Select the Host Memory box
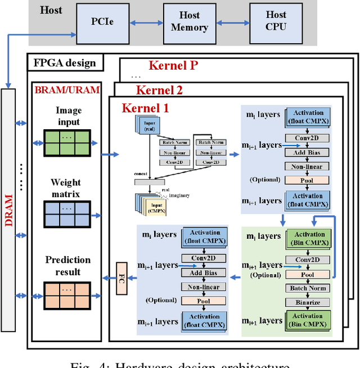(189, 22)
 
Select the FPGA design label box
(65, 63)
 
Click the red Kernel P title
(173, 65)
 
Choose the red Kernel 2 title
(159, 90)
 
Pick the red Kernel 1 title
(145, 107)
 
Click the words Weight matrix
(66, 188)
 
